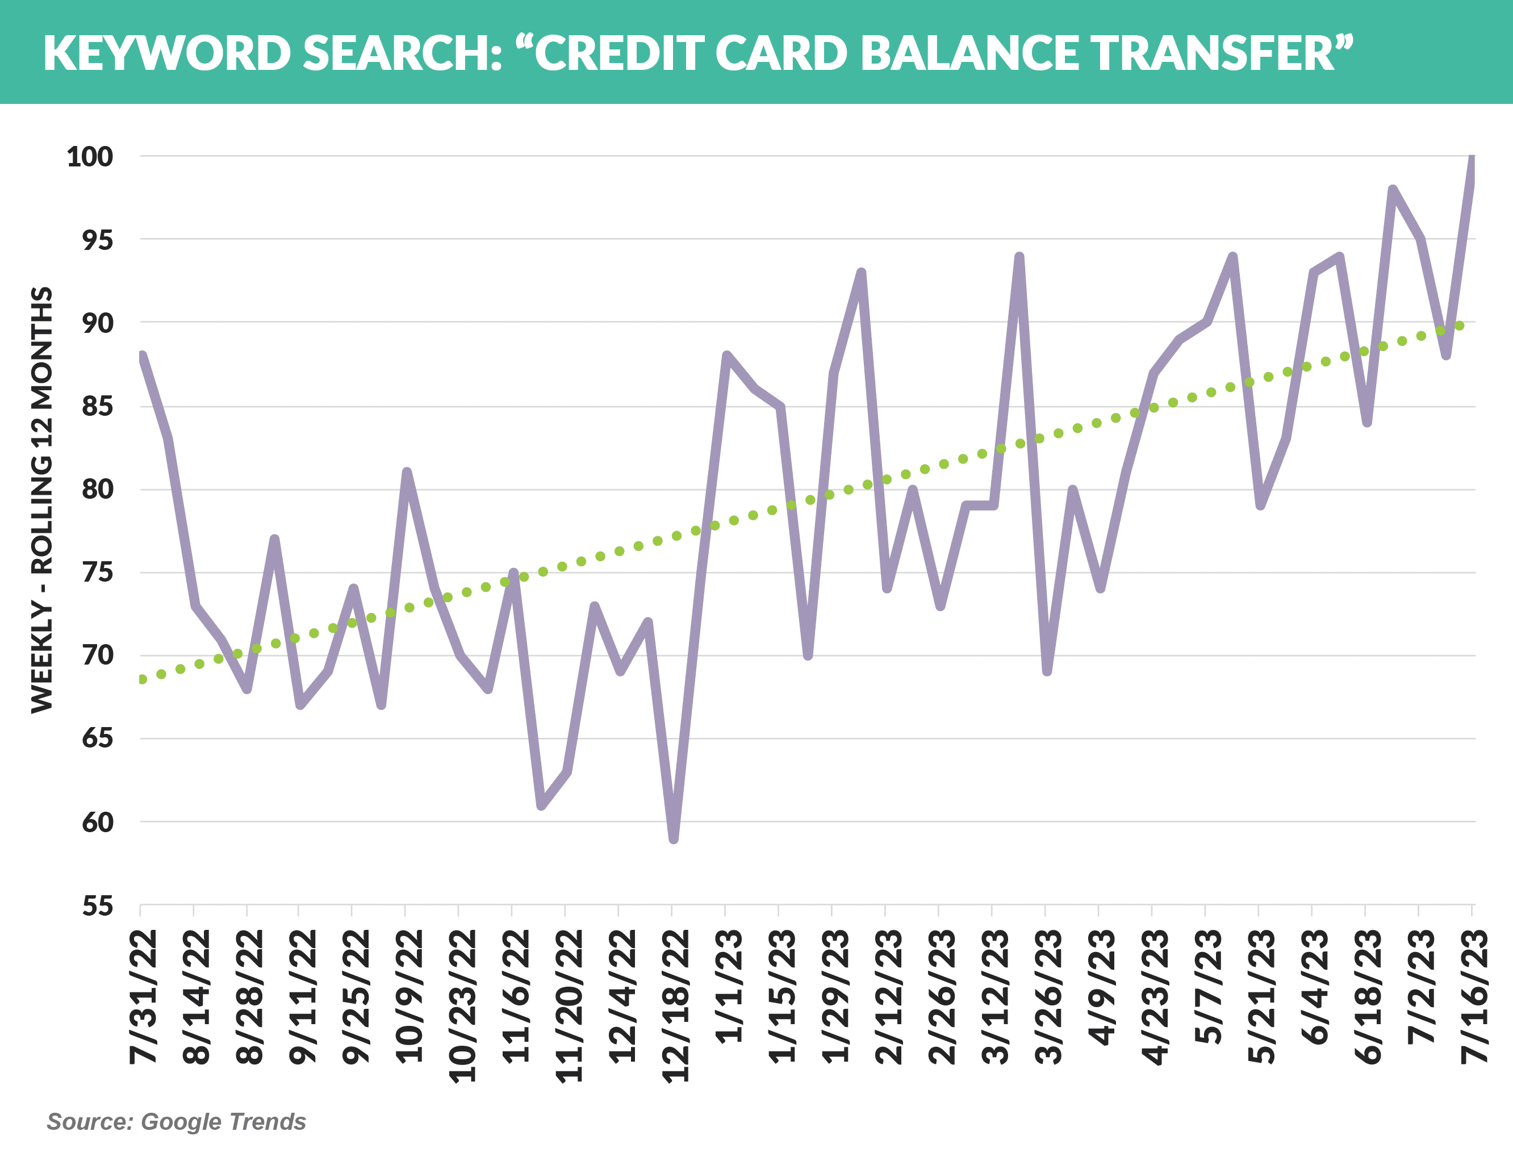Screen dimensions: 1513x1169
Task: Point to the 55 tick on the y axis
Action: pyautogui.click(x=98, y=905)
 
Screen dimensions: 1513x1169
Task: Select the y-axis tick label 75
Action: pyautogui.click(x=98, y=573)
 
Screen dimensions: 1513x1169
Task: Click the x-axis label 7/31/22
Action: pyautogui.click(x=143, y=996)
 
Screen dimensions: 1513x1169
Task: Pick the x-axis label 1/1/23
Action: pyautogui.click(x=729, y=987)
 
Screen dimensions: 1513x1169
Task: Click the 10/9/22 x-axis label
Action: pyautogui.click(x=409, y=996)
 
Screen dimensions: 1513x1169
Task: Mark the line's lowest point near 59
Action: pyautogui.click(x=674, y=839)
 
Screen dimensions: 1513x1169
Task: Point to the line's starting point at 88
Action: pyautogui.click(x=142, y=357)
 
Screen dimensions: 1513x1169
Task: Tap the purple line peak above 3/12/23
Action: pyautogui.click(x=1019, y=258)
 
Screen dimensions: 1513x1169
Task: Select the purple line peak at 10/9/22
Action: pyautogui.click(x=407, y=473)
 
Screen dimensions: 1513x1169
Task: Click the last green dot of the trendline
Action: pyautogui.click(x=1460, y=325)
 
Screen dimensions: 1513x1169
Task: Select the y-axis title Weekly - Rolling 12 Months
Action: pyautogui.click(x=42, y=500)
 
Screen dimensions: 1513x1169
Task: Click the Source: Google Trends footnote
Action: pyautogui.click(x=176, y=1122)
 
